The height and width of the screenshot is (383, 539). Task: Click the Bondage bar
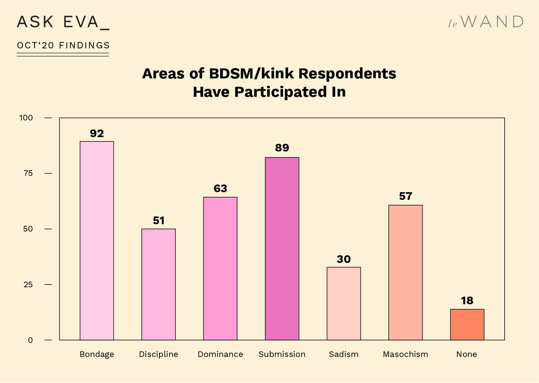(x=97, y=240)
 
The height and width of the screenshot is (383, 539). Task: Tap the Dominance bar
(x=220, y=268)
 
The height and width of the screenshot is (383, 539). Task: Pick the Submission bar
(x=282, y=249)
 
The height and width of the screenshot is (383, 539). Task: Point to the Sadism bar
(x=344, y=303)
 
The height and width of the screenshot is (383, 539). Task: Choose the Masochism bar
(x=405, y=272)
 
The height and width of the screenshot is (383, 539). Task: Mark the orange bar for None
(x=467, y=324)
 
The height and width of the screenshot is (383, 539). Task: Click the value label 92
(x=97, y=133)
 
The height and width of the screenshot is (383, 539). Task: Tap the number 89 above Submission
(x=282, y=148)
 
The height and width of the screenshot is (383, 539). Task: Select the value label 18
(x=467, y=301)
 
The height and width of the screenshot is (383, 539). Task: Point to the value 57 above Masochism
(x=405, y=196)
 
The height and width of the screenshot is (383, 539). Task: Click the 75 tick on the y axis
(x=28, y=173)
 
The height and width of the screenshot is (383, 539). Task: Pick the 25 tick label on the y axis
(x=28, y=285)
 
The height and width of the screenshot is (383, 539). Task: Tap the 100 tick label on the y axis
(x=26, y=118)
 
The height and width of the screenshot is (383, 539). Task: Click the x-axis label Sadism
(x=344, y=354)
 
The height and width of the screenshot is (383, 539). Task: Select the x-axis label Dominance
(x=220, y=354)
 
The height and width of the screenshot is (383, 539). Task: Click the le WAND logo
(x=486, y=22)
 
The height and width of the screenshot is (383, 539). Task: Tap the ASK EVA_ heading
(x=63, y=22)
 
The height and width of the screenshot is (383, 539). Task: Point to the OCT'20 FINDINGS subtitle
(x=63, y=45)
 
